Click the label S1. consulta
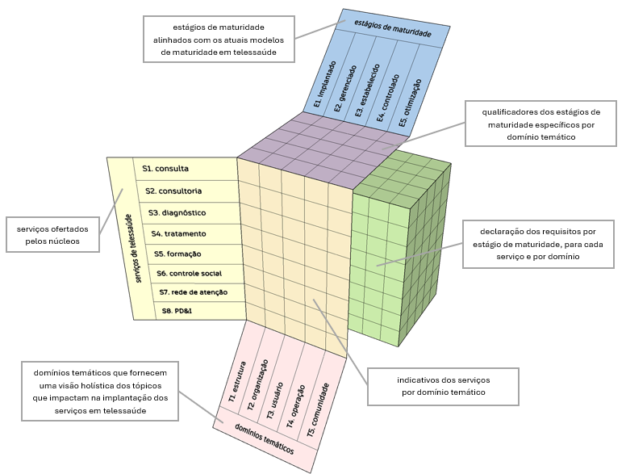[165, 169]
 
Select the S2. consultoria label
[173, 191]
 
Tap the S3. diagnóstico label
[177, 212]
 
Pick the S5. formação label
[177, 254]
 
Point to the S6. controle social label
[190, 274]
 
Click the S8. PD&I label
[177, 311]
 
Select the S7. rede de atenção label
[194, 292]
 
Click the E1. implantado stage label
[325, 84]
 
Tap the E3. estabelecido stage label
[367, 90]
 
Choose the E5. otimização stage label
[410, 103]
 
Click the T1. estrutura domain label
[237, 382]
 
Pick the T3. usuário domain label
[274, 401]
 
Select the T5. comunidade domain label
[318, 409]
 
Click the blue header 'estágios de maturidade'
[393, 28]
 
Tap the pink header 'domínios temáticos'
[265, 438]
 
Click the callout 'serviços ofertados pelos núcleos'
[52, 235]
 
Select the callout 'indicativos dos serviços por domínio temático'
[443, 387]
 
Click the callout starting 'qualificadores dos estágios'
[541, 124]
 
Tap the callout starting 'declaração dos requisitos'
[538, 244]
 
